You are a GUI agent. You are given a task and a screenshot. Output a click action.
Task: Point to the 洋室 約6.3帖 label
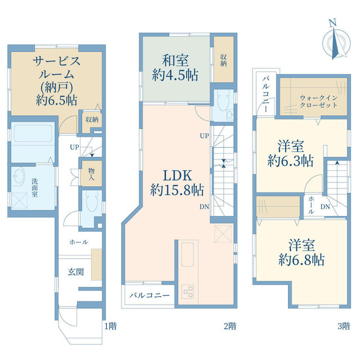(x=290, y=154)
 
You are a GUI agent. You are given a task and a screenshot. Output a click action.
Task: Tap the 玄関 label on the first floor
(x=76, y=272)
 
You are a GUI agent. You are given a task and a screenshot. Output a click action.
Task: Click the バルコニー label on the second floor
(x=149, y=295)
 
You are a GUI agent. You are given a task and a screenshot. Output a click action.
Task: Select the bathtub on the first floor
(x=32, y=135)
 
